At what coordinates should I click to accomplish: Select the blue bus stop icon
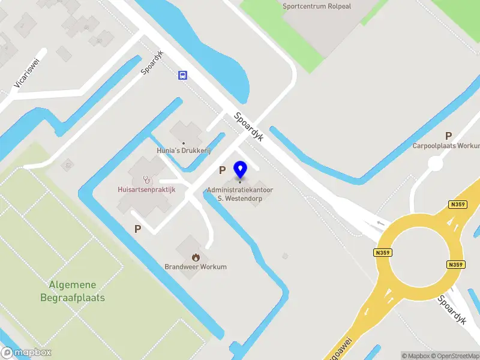(182, 75)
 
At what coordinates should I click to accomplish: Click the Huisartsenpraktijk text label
(146, 190)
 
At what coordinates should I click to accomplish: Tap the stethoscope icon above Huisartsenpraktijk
(146, 179)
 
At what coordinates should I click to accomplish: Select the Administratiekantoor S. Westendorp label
(240, 193)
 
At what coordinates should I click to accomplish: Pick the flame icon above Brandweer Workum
(196, 257)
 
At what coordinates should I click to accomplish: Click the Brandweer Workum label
(196, 266)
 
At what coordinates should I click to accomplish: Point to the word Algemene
(73, 285)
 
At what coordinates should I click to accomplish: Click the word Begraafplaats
(73, 298)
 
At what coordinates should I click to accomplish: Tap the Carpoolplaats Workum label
(446, 146)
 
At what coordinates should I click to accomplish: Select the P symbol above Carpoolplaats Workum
(448, 136)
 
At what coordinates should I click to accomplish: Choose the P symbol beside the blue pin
(222, 170)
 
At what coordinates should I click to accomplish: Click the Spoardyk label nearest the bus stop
(153, 62)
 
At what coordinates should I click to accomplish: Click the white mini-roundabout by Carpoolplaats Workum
(435, 163)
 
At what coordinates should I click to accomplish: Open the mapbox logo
(26, 352)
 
